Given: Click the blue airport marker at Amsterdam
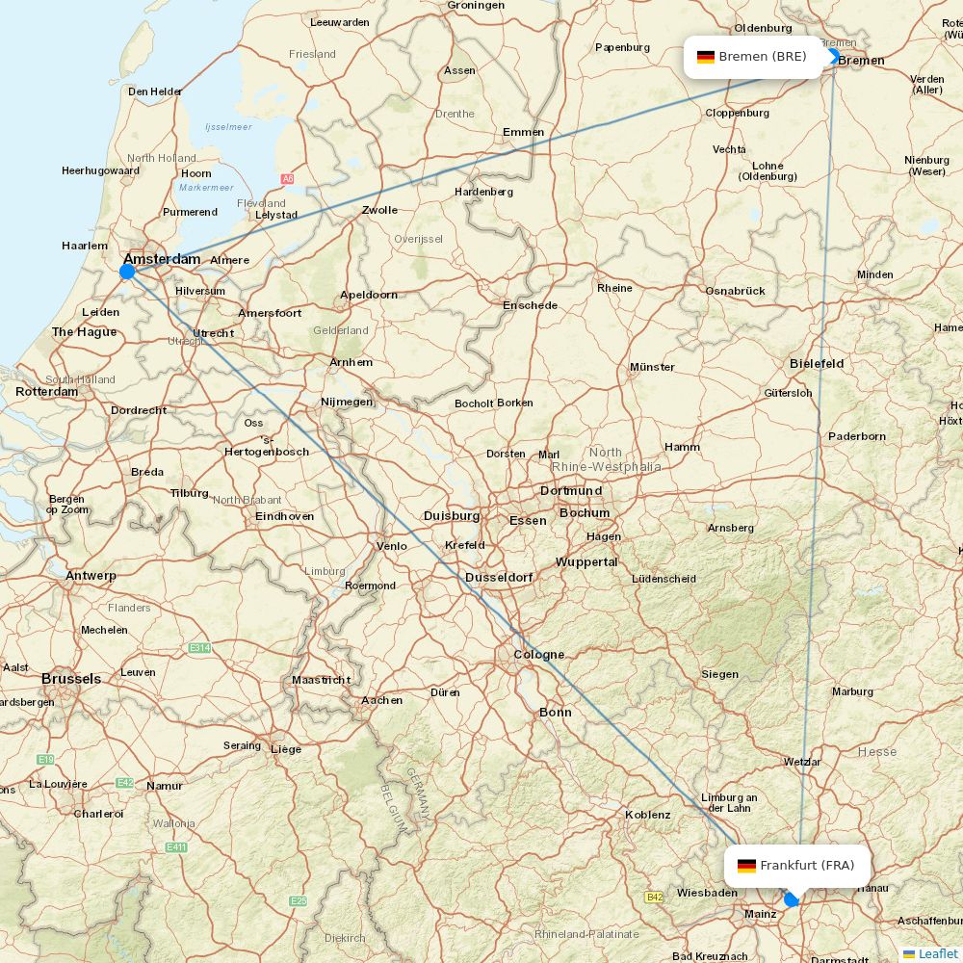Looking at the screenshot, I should point(127,272).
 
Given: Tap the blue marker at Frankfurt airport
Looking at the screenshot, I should point(792,899).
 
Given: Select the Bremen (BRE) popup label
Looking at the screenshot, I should point(753,57).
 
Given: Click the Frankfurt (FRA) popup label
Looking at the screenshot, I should point(796,866).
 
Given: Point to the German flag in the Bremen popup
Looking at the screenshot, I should point(706,57).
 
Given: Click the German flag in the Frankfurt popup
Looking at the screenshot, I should point(746,866).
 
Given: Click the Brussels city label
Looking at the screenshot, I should point(70,679).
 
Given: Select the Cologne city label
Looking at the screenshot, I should point(538,655).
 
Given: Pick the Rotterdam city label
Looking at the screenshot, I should point(46,392).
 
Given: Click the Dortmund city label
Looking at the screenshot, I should point(571,490).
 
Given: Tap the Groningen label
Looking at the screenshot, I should point(476,6).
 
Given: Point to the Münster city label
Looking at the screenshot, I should point(652,367).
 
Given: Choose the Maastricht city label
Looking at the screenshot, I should point(322,680).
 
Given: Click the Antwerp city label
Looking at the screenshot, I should point(91,576).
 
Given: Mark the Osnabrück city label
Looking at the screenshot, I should point(735,291).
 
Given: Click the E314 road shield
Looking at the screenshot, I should point(199,648).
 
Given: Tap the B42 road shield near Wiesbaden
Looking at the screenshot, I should point(654,898).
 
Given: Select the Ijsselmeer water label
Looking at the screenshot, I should point(228,127).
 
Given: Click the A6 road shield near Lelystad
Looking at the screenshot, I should point(287,179).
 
